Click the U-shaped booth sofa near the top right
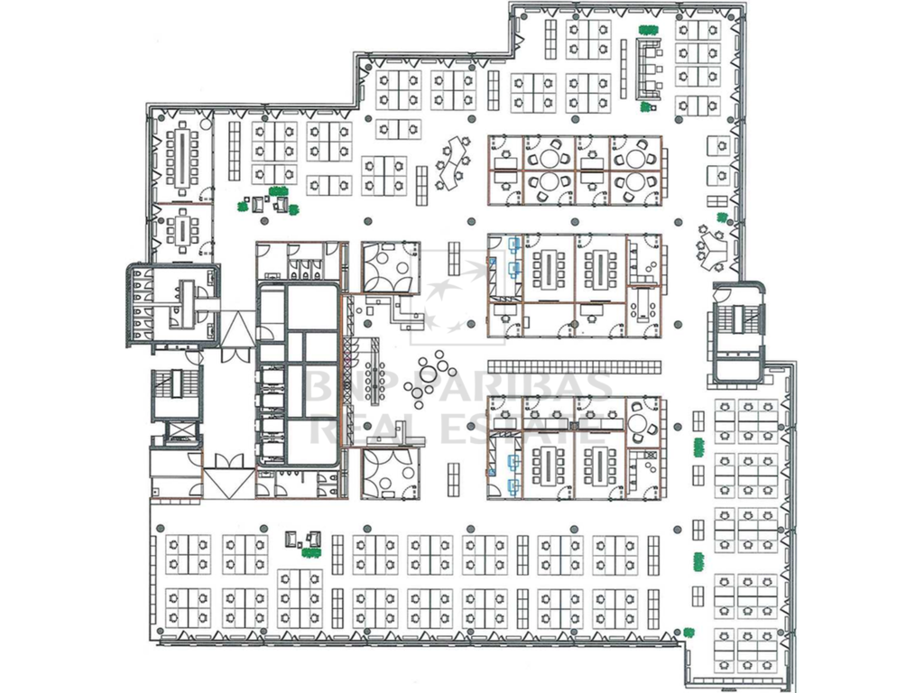click(648, 69)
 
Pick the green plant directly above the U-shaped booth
click(647, 30)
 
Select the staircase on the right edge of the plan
click(736, 319)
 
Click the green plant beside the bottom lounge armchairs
click(310, 552)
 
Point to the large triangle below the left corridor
click(230, 484)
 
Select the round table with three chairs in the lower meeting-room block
click(638, 423)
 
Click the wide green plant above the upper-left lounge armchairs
click(279, 190)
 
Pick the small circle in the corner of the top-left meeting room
click(205, 125)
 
